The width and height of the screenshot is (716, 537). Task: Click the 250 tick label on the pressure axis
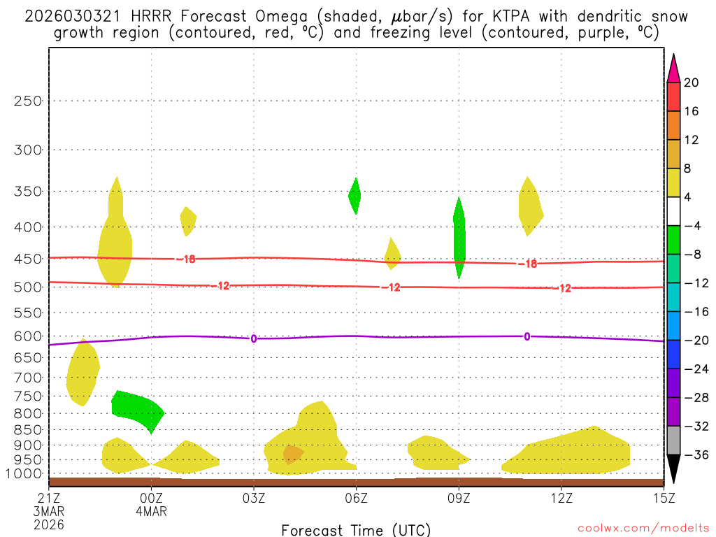point(29,101)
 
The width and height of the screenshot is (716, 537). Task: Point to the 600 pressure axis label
point(29,336)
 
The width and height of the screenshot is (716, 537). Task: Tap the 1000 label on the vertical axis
point(24,474)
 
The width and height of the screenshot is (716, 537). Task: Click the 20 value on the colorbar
point(691,83)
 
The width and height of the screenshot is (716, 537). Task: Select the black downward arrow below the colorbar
point(673,472)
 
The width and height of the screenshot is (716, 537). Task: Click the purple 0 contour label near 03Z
point(253,339)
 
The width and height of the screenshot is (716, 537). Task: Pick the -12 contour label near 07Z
point(390,287)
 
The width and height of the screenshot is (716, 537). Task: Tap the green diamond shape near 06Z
point(355,196)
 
